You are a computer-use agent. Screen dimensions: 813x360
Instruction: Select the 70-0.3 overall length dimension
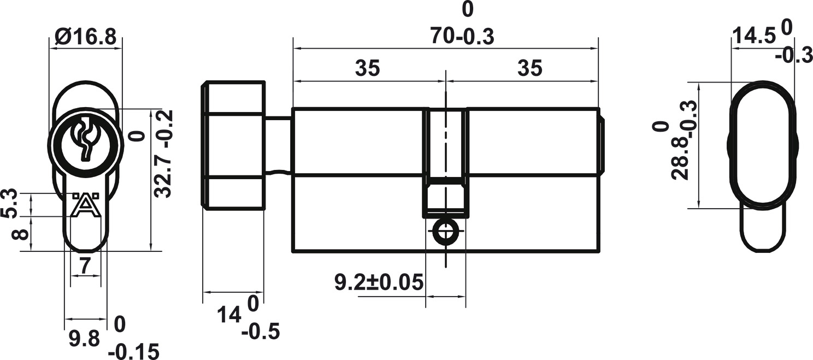click(462, 37)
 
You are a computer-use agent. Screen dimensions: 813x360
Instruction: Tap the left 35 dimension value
click(367, 68)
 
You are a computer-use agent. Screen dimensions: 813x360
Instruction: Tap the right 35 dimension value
click(530, 68)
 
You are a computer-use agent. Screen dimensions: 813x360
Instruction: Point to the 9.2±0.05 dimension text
click(379, 282)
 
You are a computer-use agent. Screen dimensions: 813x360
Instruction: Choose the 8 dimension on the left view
click(20, 234)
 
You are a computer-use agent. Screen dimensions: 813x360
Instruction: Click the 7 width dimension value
click(85, 265)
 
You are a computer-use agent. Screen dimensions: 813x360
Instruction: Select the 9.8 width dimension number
click(84, 339)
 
